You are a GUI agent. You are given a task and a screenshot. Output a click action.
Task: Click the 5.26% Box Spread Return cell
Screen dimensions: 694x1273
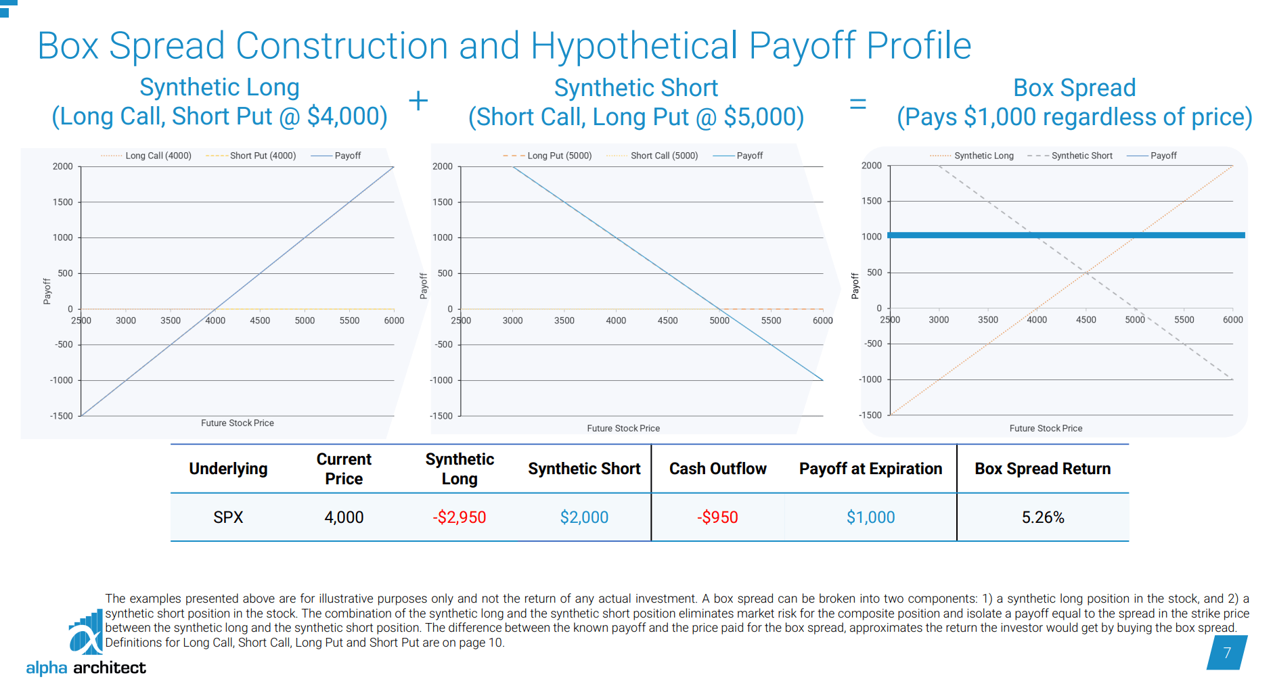1042,517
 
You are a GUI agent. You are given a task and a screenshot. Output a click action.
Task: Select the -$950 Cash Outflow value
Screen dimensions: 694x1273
717,517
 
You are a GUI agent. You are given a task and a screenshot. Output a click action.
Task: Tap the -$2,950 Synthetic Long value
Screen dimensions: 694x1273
459,517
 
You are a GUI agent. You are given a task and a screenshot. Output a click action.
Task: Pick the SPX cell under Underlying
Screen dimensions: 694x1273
228,517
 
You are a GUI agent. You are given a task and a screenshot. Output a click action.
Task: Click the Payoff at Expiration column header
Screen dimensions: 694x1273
870,469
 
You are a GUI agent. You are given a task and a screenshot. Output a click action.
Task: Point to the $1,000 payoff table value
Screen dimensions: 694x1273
870,517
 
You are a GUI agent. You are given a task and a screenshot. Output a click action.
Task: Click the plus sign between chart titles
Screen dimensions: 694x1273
418,101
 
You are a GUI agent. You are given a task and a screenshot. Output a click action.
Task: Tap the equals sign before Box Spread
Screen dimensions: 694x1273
857,103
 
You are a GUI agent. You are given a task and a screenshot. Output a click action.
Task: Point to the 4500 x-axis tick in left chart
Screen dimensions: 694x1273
260,321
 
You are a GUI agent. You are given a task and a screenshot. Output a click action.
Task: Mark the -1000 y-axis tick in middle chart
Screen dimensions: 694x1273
442,380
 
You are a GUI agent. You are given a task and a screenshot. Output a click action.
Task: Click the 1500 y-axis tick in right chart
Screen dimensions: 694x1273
872,201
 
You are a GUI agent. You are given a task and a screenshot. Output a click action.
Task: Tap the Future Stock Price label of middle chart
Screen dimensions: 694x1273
623,428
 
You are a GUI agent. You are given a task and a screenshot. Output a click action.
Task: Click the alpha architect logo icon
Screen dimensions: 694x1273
86,632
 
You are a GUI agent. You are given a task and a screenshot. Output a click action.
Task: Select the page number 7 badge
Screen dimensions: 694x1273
1226,653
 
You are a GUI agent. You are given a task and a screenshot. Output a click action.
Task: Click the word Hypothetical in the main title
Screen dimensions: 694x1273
633,46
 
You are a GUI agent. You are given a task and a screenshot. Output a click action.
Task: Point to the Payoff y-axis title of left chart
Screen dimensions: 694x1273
47,291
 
